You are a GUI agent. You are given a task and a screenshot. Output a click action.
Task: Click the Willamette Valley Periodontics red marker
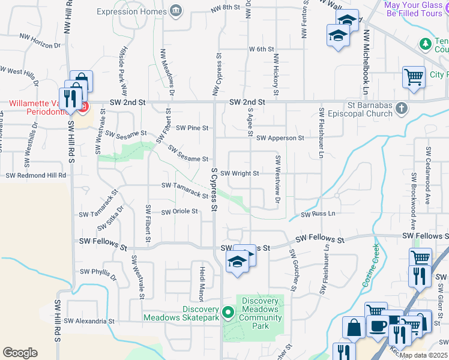[x=83, y=108]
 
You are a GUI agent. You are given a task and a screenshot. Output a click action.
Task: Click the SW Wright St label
[x=240, y=173]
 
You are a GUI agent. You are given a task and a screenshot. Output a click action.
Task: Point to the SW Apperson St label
[x=280, y=138]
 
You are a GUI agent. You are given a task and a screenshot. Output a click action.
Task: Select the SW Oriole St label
[x=179, y=211]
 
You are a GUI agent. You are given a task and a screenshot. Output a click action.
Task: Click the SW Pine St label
[x=192, y=128]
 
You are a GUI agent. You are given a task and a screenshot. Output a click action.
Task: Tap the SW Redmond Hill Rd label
[x=36, y=175]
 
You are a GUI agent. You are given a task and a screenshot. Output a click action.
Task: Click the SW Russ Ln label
[x=318, y=214]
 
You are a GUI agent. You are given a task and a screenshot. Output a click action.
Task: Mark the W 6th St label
[x=261, y=49]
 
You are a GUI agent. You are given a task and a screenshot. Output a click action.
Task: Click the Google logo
[x=20, y=353]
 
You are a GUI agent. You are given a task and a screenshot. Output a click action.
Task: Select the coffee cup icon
[x=377, y=326]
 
